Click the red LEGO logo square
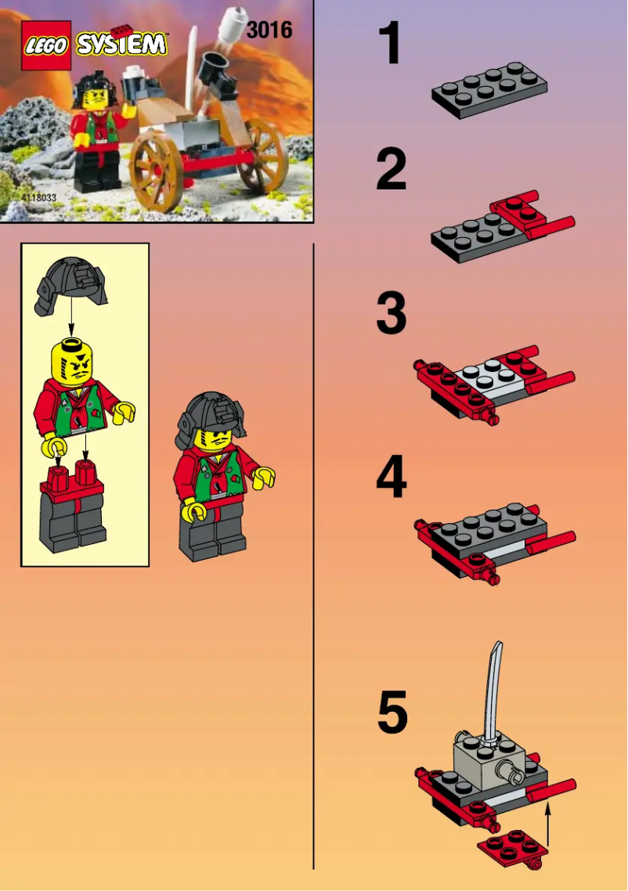46,45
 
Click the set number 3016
269,31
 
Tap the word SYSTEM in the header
121,45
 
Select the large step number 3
391,313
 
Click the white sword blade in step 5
493,689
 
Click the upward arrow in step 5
548,822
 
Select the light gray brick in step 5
482,759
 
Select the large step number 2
391,171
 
